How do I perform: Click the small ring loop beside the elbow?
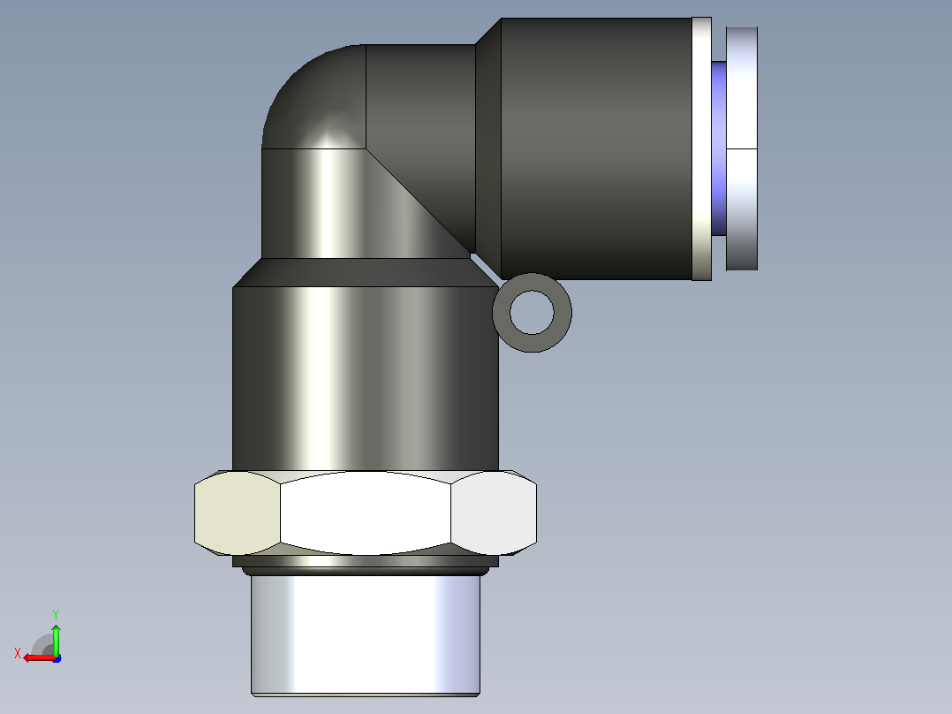532,279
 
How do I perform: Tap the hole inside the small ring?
532,312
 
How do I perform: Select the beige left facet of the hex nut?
238,513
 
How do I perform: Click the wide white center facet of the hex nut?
366,513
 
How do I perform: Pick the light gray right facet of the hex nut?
494,513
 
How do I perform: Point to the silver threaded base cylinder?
366,635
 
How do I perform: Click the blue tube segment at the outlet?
719,148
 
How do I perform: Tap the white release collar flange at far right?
742,148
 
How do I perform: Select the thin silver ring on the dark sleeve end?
702,148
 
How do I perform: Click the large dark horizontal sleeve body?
596,148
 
